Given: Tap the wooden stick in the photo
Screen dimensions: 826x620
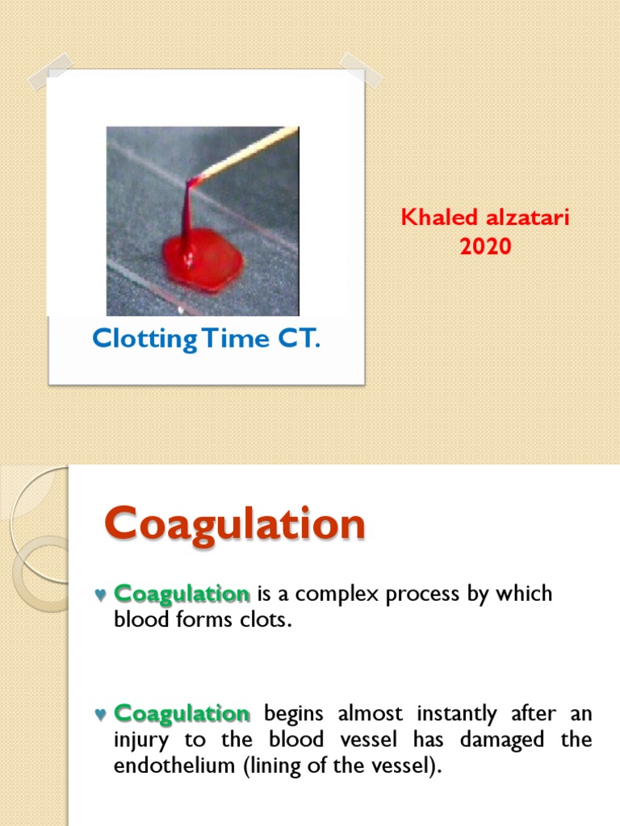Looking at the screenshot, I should tap(250, 152).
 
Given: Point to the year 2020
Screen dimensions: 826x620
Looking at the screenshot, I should tap(485, 247).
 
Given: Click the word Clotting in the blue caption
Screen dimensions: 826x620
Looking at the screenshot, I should tap(145, 339).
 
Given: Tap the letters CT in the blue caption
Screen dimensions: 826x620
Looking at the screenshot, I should tap(295, 339).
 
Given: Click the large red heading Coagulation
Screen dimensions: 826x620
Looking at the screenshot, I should tap(235, 525).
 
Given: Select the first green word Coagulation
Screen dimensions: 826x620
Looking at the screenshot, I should tap(182, 594).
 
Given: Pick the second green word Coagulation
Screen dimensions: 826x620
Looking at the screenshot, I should tap(182, 713).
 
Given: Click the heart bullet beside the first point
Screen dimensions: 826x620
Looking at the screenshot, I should tap(100, 595).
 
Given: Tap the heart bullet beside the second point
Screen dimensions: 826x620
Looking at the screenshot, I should tap(100, 715).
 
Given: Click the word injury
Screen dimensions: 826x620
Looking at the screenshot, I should tap(139, 740).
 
